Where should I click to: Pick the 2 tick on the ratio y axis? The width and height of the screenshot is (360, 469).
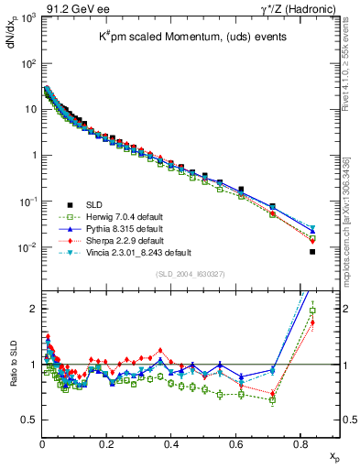[x=33, y=308]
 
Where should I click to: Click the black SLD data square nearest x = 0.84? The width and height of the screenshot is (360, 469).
[x=313, y=252]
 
